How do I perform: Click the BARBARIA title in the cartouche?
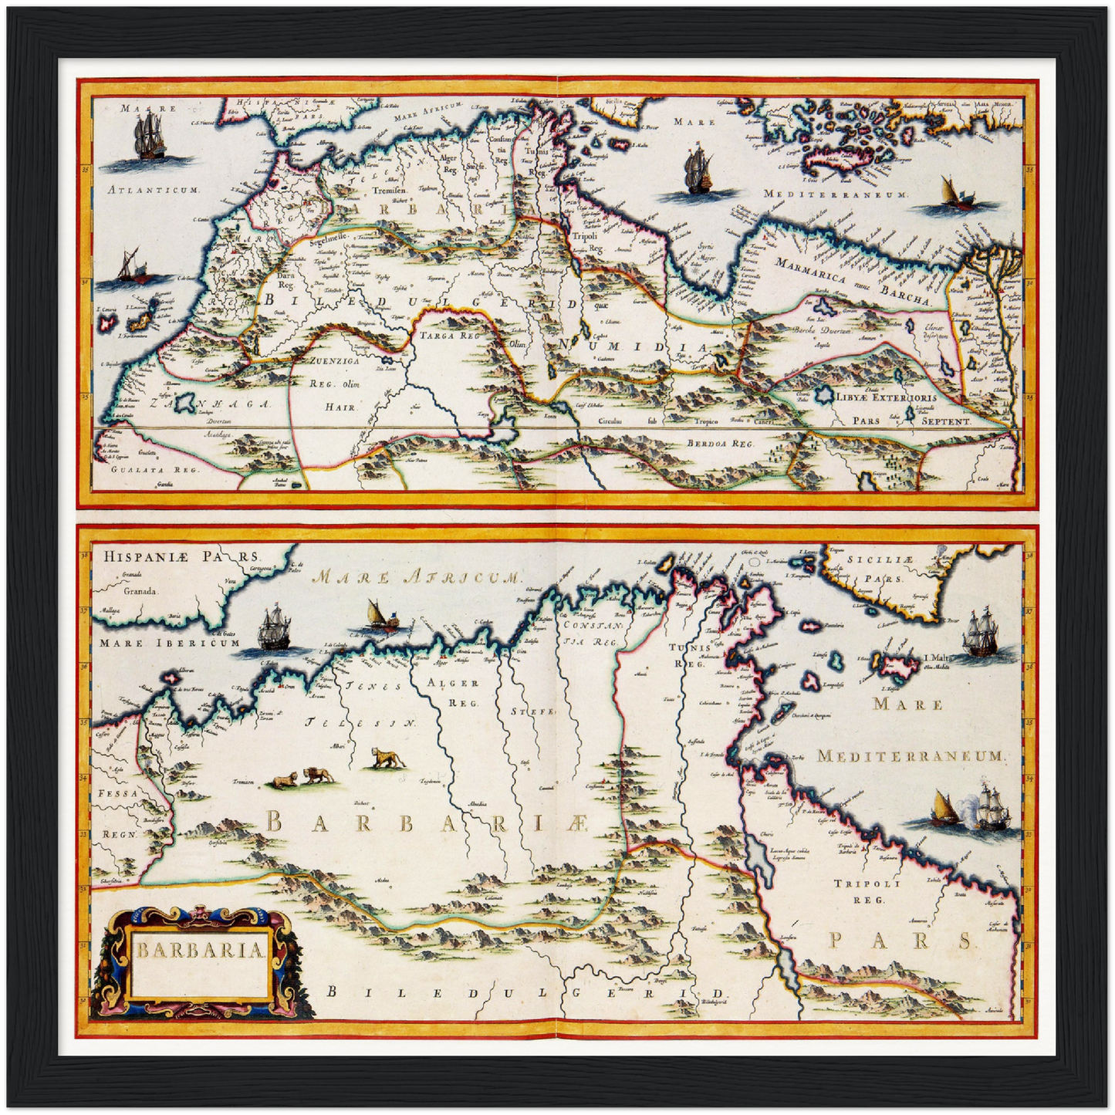pos(201,950)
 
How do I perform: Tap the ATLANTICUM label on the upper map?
pos(152,189)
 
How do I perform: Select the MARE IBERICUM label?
pos(170,643)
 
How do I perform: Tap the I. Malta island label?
pos(934,658)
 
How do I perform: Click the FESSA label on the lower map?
pos(117,793)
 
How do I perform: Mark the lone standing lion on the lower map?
pos(387,758)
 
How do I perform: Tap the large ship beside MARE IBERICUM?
pos(274,628)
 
